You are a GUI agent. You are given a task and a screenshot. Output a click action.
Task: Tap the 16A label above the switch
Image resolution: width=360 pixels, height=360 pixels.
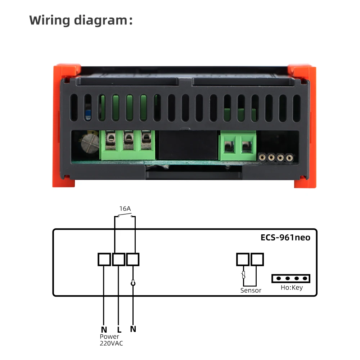(125, 208)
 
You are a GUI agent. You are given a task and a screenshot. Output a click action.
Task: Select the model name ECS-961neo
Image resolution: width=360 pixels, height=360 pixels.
(285, 238)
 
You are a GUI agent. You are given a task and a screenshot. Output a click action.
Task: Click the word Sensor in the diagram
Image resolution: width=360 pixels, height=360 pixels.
(251, 290)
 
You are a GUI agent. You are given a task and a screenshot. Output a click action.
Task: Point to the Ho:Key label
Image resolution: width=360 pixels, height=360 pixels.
(292, 288)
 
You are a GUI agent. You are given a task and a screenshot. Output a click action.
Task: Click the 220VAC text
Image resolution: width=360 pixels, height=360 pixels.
(111, 343)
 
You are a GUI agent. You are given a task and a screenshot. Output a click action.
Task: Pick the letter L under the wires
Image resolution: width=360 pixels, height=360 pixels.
(119, 329)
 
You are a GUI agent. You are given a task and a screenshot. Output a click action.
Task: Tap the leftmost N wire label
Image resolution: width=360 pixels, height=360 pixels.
(104, 329)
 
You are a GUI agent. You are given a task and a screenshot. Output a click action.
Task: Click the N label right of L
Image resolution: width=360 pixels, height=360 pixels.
(133, 329)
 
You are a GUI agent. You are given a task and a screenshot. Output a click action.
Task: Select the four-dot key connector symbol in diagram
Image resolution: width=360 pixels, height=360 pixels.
(291, 278)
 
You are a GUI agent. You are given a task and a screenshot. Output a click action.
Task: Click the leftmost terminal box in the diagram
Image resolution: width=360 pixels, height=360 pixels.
(104, 259)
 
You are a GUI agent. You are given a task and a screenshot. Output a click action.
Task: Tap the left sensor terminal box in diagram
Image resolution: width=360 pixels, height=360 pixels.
(243, 259)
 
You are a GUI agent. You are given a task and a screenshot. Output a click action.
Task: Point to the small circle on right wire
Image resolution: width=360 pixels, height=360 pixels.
(133, 283)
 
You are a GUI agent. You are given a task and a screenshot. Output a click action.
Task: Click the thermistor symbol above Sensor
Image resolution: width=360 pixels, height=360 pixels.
(243, 275)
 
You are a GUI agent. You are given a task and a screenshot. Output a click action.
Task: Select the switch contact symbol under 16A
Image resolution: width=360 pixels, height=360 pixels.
(125, 216)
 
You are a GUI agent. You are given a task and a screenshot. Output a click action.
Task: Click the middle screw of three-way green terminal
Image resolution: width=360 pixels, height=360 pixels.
(128, 138)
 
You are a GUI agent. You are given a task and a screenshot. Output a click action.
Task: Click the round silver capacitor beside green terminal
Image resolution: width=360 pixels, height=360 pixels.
(89, 144)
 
